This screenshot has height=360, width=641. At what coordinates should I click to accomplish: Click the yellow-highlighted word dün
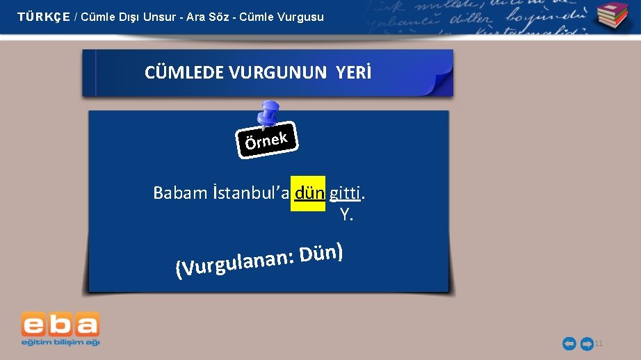[x=309, y=193]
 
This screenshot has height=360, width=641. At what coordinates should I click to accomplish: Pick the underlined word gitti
[x=345, y=193]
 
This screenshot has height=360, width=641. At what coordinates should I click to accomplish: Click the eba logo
[x=60, y=325]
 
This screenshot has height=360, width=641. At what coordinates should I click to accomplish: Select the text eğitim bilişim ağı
[x=60, y=342]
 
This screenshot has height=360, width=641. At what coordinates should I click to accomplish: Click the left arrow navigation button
[x=569, y=343]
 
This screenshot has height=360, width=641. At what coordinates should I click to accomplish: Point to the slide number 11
[x=599, y=343]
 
